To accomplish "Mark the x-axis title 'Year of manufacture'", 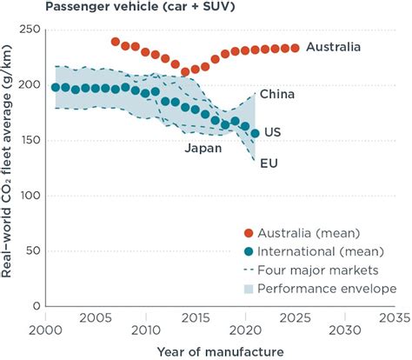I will coord(221,350).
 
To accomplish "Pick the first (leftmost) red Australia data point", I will coord(116,42).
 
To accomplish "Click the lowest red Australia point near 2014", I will coord(185,72).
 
